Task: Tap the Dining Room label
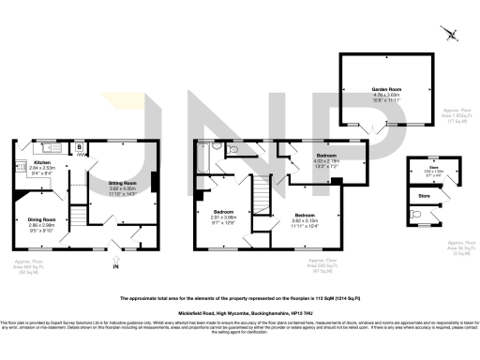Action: (x=41, y=220)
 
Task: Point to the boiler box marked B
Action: (x=80, y=147)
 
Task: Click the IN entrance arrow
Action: (x=116, y=266)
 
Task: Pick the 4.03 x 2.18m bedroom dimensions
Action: (x=326, y=160)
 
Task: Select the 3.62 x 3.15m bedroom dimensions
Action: (x=304, y=220)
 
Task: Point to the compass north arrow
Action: (x=451, y=34)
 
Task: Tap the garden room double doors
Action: (x=376, y=126)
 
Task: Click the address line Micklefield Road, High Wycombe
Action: (x=240, y=315)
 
